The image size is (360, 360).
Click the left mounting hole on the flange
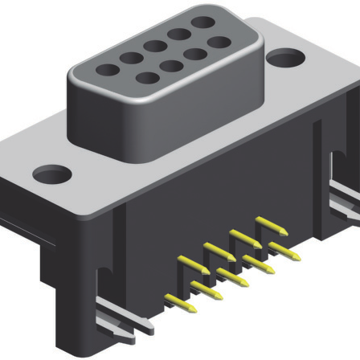(x=52, y=174)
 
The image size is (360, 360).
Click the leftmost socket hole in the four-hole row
(x=146, y=78)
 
